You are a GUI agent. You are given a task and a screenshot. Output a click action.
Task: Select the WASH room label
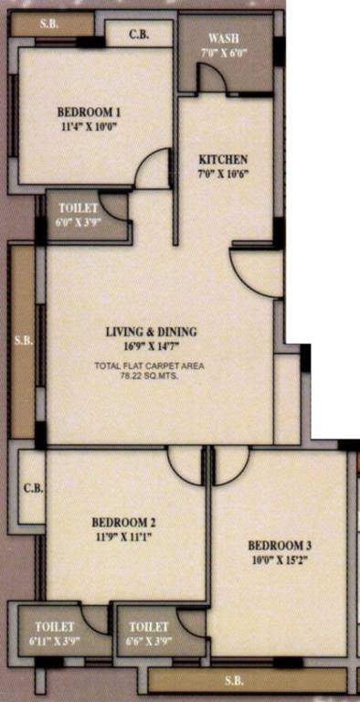tap(224, 37)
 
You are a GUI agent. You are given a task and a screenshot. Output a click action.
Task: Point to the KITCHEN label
tap(223, 159)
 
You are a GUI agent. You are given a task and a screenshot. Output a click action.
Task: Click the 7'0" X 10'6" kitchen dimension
tap(224, 174)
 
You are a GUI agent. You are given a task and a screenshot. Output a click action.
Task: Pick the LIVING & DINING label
tap(151, 332)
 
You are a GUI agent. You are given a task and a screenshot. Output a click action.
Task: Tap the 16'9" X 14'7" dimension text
tap(150, 346)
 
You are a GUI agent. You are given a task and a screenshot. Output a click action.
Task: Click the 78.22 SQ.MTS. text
tap(150, 377)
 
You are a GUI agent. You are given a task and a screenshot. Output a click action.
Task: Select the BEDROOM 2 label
tap(123, 523)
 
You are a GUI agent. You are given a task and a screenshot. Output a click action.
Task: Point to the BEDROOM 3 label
tap(280, 546)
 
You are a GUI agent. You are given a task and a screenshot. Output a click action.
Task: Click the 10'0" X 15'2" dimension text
tap(281, 559)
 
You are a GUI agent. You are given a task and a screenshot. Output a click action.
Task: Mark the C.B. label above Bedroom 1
tap(139, 34)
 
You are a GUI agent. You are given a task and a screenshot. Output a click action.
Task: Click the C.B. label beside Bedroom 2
tap(34, 488)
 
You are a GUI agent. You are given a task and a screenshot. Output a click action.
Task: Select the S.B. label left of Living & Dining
tap(23, 341)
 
